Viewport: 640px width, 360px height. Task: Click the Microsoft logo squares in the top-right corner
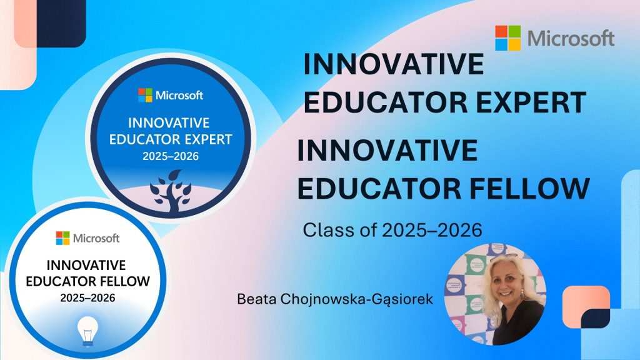click(507, 38)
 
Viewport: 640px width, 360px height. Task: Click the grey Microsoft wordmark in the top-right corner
click(571, 38)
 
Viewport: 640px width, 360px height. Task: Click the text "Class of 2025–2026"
click(392, 230)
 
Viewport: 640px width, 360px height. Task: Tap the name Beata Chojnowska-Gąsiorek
click(335, 299)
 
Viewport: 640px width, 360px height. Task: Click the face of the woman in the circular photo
click(506, 282)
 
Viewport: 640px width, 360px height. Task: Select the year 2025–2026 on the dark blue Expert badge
click(171, 156)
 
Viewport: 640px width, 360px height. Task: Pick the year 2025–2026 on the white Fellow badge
click(87, 297)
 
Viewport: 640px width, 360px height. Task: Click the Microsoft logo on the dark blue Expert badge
click(171, 96)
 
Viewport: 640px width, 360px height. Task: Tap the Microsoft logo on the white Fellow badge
click(87, 238)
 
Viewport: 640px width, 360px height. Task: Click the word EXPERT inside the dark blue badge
click(208, 139)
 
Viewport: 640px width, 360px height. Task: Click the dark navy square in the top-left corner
click(61, 22)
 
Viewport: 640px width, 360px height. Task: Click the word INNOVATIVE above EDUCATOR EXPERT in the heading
click(394, 64)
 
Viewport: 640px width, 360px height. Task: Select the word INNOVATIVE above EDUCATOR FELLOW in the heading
click(387, 150)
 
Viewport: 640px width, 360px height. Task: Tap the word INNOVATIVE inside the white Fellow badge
click(86, 265)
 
